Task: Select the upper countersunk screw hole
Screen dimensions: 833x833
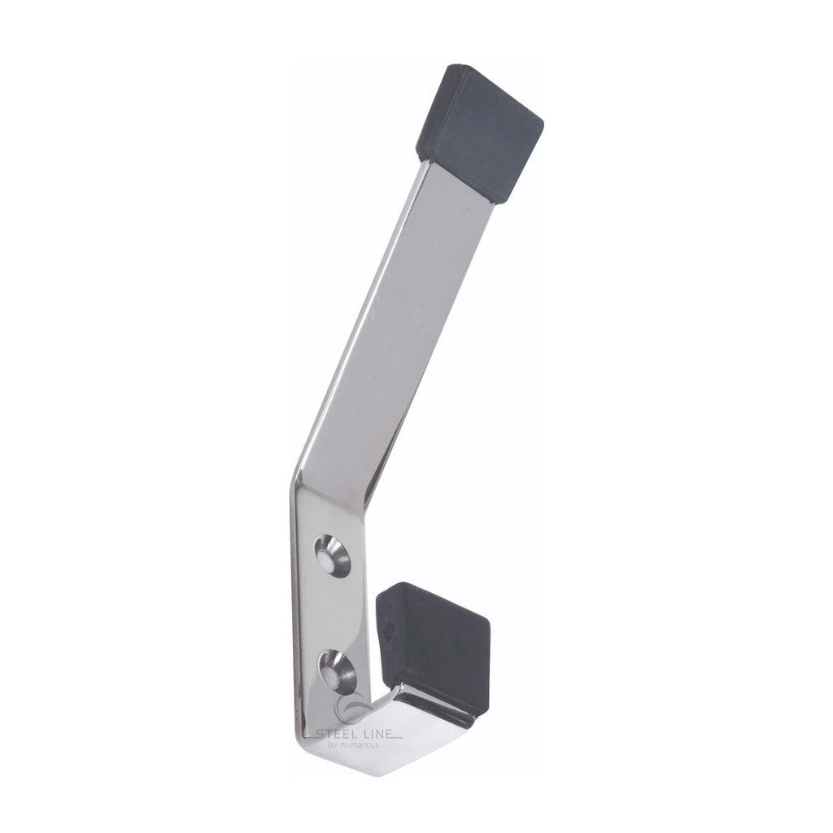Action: [333, 556]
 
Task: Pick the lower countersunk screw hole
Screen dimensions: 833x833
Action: [338, 671]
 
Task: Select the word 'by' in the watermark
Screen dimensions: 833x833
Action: [333, 746]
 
